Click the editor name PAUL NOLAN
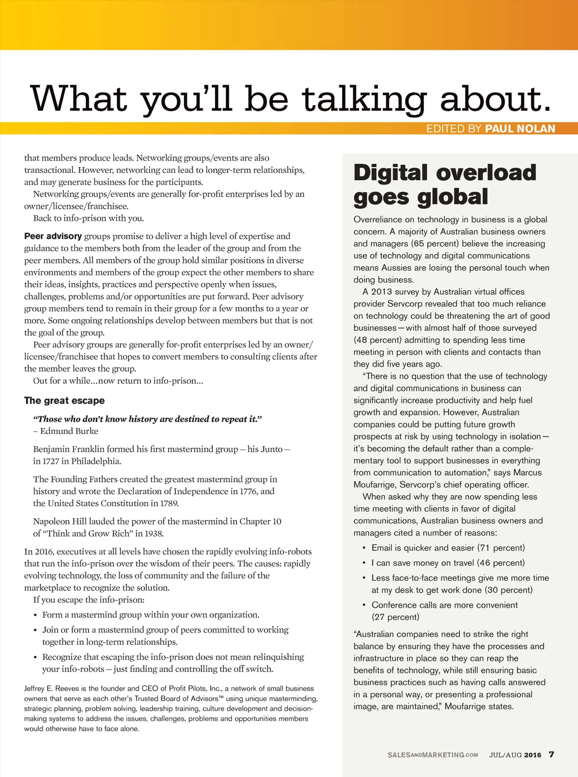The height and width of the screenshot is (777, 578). pyautogui.click(x=520, y=129)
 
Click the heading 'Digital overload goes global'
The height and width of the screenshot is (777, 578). pyautogui.click(x=444, y=185)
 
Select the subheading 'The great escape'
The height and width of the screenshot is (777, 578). pyautogui.click(x=64, y=400)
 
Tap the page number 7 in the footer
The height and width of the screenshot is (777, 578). pyautogui.click(x=551, y=754)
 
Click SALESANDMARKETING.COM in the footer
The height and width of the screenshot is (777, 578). pyautogui.click(x=432, y=755)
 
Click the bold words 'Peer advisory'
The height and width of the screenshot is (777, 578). pyautogui.click(x=53, y=236)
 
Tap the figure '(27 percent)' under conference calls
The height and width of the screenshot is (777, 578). pyautogui.click(x=395, y=617)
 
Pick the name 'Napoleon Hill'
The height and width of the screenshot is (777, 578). pyautogui.click(x=61, y=521)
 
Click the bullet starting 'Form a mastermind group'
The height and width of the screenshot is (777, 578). pyautogui.click(x=151, y=614)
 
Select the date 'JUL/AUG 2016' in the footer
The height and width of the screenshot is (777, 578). pyautogui.click(x=515, y=755)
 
